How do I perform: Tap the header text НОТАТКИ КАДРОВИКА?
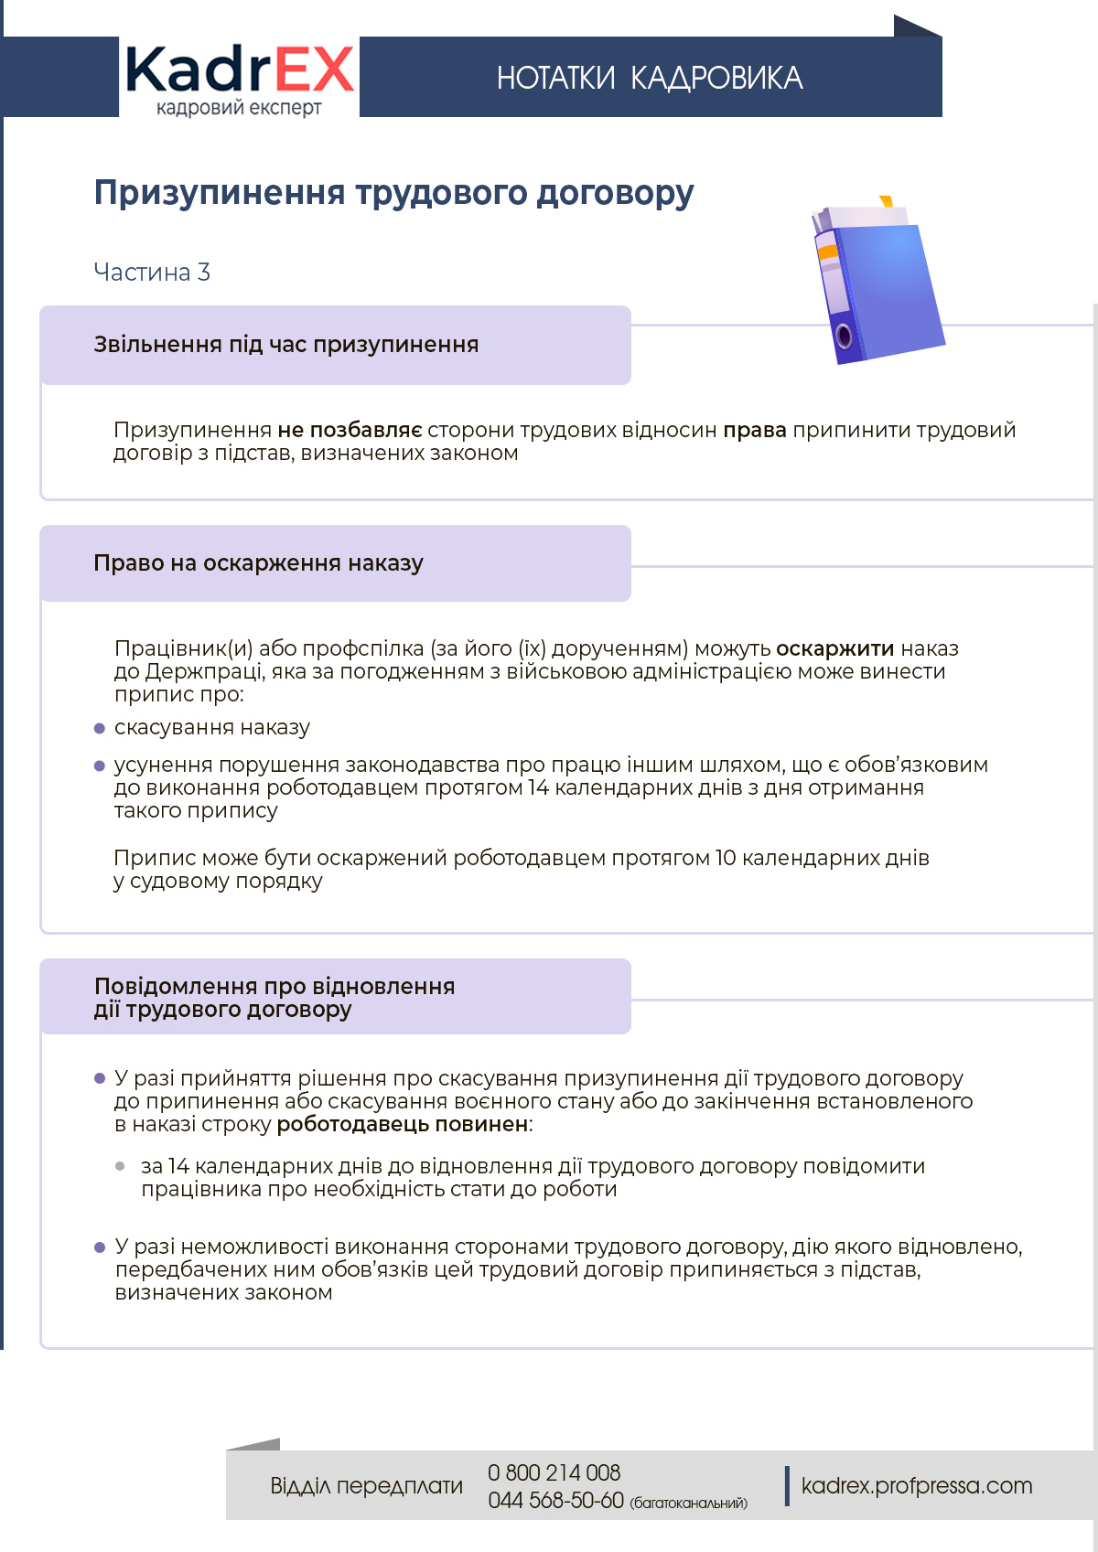click(x=650, y=79)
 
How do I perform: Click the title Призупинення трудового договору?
click(x=393, y=193)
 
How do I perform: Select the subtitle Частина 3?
click(x=152, y=272)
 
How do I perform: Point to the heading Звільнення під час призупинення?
click(x=285, y=345)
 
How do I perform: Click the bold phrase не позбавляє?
click(x=350, y=430)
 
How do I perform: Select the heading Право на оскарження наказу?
click(x=258, y=563)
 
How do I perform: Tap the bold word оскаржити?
click(x=834, y=648)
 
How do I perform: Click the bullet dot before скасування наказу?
click(x=100, y=728)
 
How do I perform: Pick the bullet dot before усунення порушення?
click(x=100, y=765)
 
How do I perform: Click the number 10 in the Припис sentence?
click(x=725, y=858)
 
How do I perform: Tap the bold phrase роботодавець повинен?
click(x=403, y=1124)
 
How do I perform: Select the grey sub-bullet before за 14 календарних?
click(x=120, y=1166)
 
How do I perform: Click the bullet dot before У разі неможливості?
click(x=100, y=1247)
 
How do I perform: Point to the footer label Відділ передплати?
click(x=366, y=1485)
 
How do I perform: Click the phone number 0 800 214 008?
click(x=554, y=1472)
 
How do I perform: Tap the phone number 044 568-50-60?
click(x=555, y=1500)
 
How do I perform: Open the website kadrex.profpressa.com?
click(x=916, y=1485)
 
